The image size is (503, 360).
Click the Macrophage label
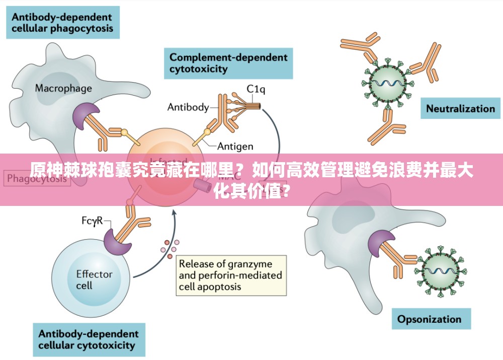(x=63, y=89)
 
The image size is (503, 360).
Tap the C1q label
(x=256, y=89)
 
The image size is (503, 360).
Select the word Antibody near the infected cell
(x=188, y=107)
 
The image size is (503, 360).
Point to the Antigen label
(x=235, y=147)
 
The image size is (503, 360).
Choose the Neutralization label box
(x=460, y=108)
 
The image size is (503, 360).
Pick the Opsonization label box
(x=429, y=319)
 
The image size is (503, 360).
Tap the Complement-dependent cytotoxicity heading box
(x=228, y=63)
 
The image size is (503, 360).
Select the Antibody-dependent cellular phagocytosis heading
(x=62, y=22)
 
